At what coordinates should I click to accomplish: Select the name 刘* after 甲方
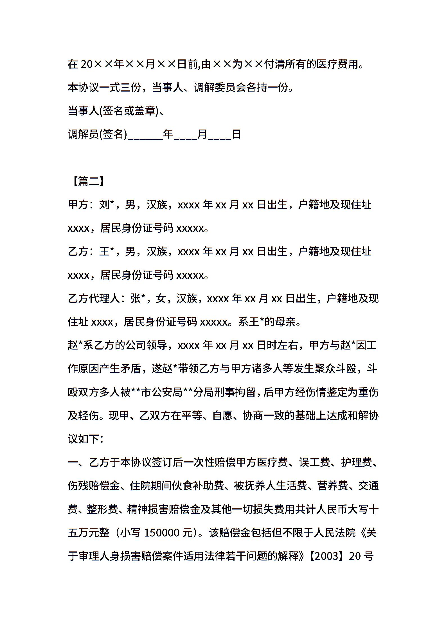[x=106, y=205]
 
